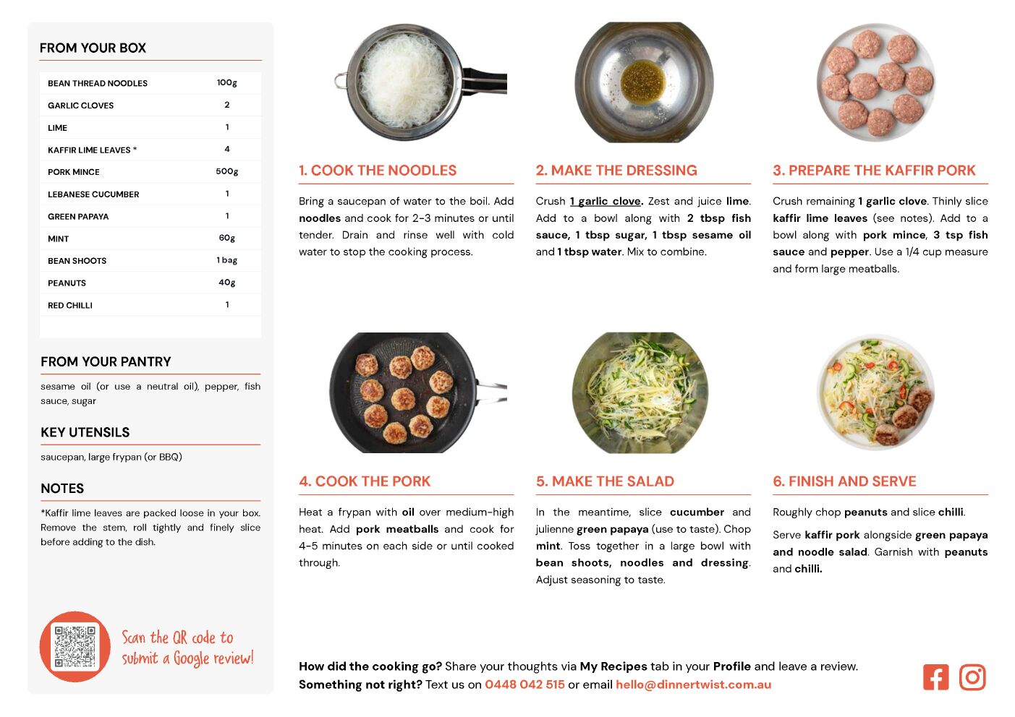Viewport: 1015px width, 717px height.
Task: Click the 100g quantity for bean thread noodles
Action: coord(226,83)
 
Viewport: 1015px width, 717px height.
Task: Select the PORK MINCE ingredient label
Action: coord(73,172)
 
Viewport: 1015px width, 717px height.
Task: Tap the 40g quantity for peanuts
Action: coord(227,283)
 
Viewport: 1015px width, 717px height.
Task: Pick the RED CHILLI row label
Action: coord(69,306)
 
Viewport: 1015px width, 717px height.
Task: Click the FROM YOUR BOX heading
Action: coord(93,48)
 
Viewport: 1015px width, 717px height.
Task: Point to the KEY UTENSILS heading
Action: coord(85,432)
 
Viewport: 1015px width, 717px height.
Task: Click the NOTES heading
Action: coord(62,489)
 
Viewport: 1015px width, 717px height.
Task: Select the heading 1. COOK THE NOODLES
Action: coord(378,170)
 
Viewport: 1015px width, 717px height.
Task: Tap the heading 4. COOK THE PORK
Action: coord(365,481)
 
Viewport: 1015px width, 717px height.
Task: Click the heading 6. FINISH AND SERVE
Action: coord(844,481)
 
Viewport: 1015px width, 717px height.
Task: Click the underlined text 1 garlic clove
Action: coord(606,202)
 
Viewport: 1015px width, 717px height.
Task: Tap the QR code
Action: coord(75,646)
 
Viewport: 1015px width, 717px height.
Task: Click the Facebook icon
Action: coord(935,677)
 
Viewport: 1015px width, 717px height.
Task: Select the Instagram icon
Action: coord(972,677)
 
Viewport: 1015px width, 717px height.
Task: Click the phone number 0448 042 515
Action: coord(525,684)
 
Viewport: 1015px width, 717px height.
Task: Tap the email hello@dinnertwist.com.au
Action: coord(693,684)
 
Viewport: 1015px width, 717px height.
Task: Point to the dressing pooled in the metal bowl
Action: coord(643,82)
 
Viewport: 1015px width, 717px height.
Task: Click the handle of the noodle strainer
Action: coord(485,82)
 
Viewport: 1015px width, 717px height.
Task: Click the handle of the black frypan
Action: coord(492,392)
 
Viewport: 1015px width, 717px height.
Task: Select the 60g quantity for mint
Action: coord(227,238)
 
